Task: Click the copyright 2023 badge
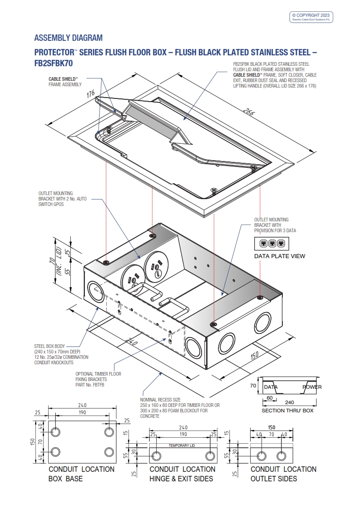tap(311, 17)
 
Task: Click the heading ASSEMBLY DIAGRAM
tap(69, 38)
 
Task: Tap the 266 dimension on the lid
tap(249, 113)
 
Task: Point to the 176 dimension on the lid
tap(90, 94)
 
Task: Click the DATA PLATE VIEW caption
tap(279, 256)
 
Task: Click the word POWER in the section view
tap(312, 387)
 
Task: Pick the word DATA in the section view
tap(271, 387)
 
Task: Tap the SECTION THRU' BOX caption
tap(287, 411)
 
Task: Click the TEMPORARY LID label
tap(182, 445)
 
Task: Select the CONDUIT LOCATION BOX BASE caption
tap(81, 474)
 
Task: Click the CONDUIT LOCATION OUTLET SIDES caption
tap(283, 474)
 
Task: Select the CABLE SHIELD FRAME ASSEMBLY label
tap(65, 82)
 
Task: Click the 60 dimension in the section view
tap(270, 398)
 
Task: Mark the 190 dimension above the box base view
tap(82, 412)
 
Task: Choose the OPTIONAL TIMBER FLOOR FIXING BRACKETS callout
tap(98, 377)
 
